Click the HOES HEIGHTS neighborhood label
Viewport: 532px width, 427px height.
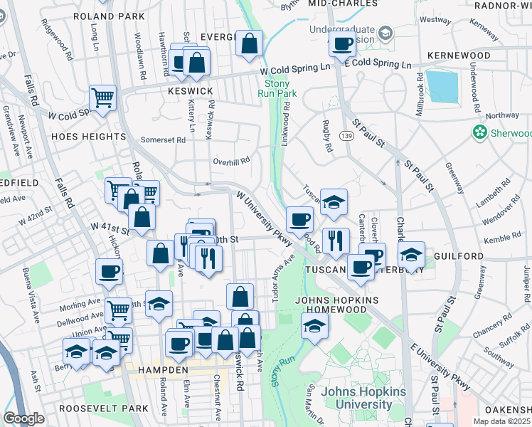click(x=88, y=136)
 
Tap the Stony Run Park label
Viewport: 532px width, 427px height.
click(x=276, y=88)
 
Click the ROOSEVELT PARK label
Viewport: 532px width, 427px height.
click(x=104, y=408)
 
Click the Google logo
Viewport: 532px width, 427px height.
click(x=23, y=419)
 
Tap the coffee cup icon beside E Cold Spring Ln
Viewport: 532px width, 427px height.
click(x=342, y=44)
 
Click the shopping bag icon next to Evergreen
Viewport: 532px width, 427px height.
click(x=250, y=43)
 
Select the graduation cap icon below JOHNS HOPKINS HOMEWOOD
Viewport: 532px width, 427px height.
click(x=314, y=327)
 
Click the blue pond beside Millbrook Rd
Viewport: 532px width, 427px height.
click(x=442, y=88)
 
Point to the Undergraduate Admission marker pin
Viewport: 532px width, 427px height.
click(x=385, y=33)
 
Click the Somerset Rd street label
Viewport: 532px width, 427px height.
click(x=163, y=140)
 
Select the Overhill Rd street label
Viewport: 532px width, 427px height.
click(x=231, y=161)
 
